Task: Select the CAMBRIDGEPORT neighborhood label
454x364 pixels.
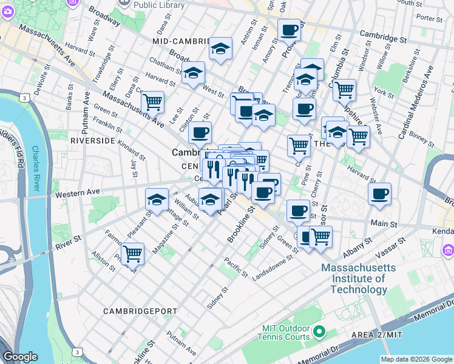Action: [135, 311]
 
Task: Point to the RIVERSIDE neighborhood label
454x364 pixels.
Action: [93, 140]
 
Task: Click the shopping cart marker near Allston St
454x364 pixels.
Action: [132, 254]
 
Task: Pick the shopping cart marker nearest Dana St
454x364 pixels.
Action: [152, 102]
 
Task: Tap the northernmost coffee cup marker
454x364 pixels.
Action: [289, 29]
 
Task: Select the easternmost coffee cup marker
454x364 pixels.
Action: [379, 194]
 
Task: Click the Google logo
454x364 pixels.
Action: [21, 357]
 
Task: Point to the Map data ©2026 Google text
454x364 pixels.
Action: [416, 359]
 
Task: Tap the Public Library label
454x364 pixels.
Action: [159, 4]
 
